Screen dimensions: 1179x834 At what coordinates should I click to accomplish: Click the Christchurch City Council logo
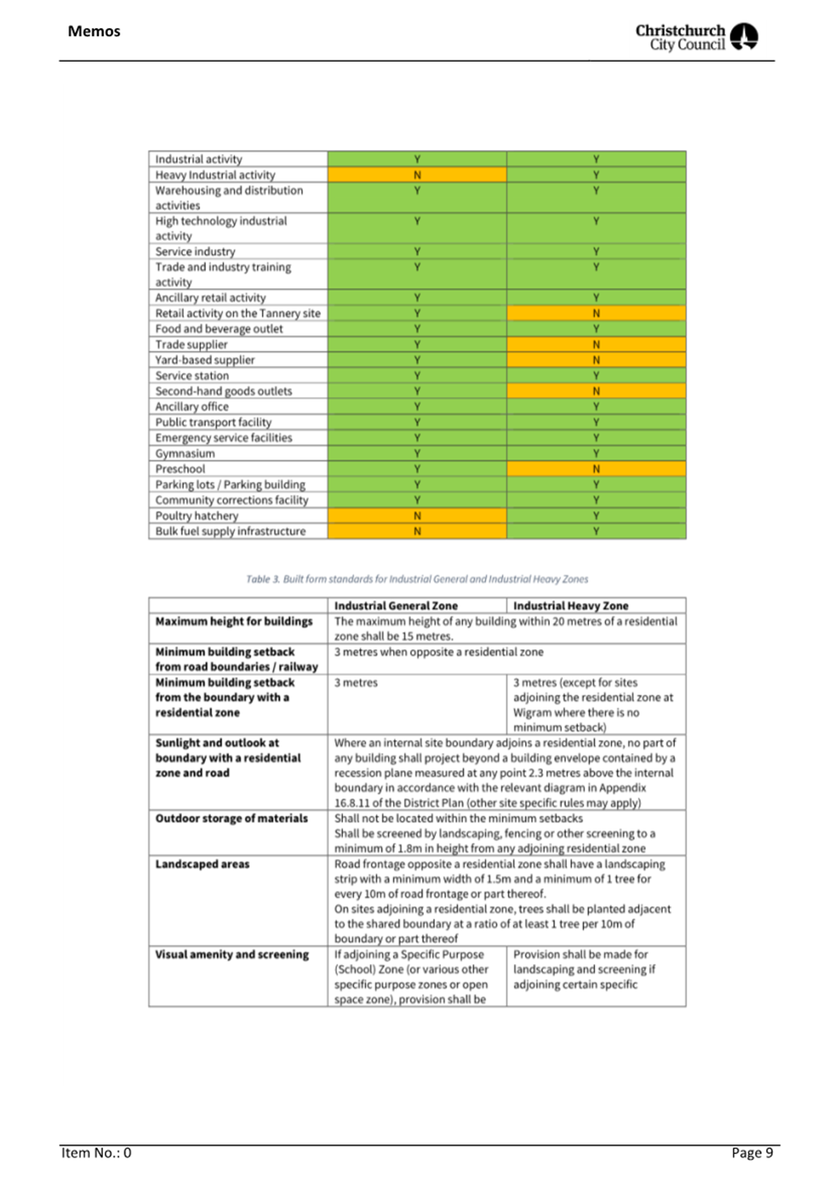pos(696,37)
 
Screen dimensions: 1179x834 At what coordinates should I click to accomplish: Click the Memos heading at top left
pos(94,31)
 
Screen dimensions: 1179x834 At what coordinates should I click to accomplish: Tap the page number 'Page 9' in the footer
pos(752,1153)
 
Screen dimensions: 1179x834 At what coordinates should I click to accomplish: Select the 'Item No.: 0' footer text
pos(96,1153)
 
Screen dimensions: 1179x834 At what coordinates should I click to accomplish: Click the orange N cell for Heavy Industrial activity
pos(417,175)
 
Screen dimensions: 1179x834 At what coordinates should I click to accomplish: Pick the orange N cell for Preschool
pos(596,469)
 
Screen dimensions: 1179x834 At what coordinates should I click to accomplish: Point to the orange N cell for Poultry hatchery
pos(417,516)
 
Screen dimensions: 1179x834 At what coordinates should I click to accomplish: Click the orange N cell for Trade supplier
pos(596,344)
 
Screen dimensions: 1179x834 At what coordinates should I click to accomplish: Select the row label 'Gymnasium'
pos(185,453)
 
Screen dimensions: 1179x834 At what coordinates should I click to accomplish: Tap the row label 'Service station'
pos(192,376)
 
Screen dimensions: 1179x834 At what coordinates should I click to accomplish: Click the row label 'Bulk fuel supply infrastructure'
pos(231,531)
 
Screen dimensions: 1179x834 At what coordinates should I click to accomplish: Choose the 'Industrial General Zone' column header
pos(396,606)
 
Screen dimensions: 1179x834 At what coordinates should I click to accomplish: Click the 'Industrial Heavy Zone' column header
pos(570,606)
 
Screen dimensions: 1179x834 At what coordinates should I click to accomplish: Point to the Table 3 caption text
pos(417,579)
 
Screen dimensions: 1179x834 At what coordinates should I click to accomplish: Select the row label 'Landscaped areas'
pos(203,864)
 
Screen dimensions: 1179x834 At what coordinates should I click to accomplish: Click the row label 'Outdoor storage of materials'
pos(232,818)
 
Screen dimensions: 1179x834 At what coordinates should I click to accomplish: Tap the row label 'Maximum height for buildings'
pos(234,621)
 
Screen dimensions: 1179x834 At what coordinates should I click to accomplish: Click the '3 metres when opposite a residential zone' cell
pos(438,652)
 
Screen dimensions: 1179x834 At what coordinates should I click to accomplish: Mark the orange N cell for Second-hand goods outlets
pos(596,391)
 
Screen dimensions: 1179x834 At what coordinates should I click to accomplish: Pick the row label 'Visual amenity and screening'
pos(232,954)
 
